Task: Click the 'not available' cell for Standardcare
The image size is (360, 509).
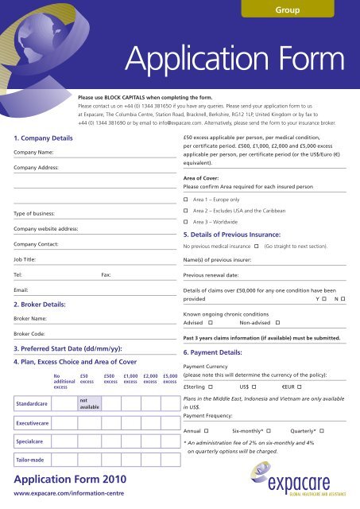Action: pos(88,405)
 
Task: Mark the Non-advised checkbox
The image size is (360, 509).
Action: pos(277,324)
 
